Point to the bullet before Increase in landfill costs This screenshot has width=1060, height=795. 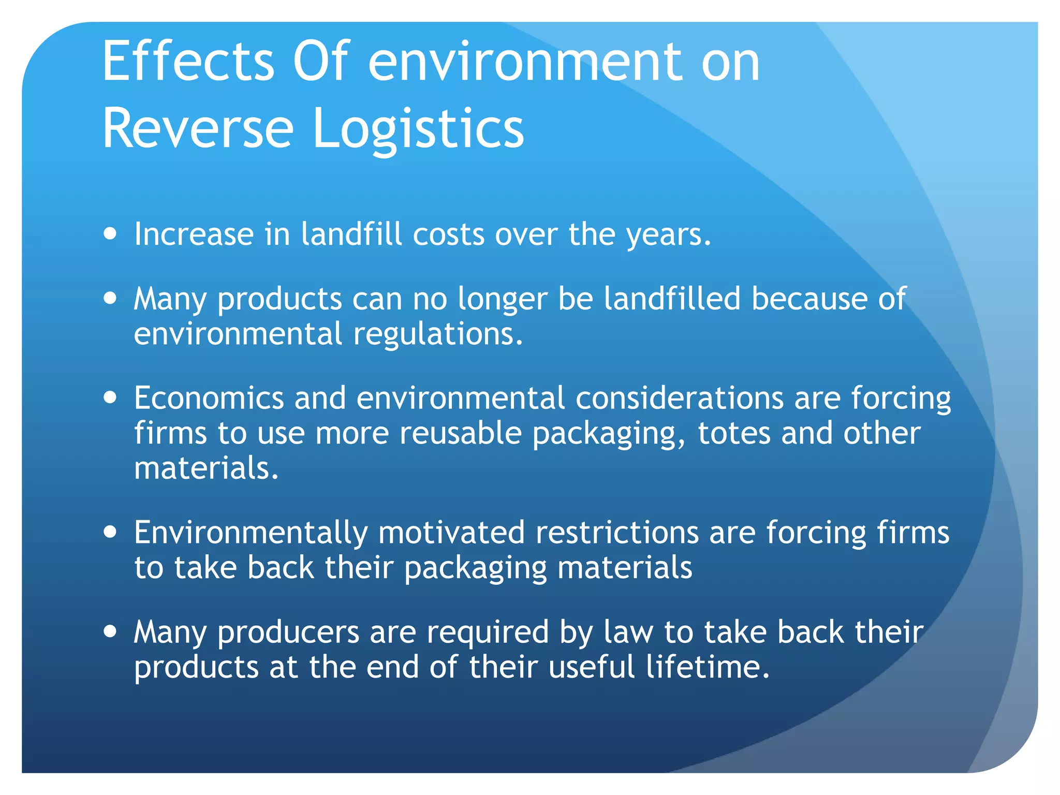click(x=110, y=233)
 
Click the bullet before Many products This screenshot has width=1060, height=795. click(x=110, y=298)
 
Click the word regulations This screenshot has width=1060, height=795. click(x=438, y=334)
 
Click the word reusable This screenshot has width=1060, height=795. click(x=460, y=433)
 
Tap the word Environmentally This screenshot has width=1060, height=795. click(x=251, y=533)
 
